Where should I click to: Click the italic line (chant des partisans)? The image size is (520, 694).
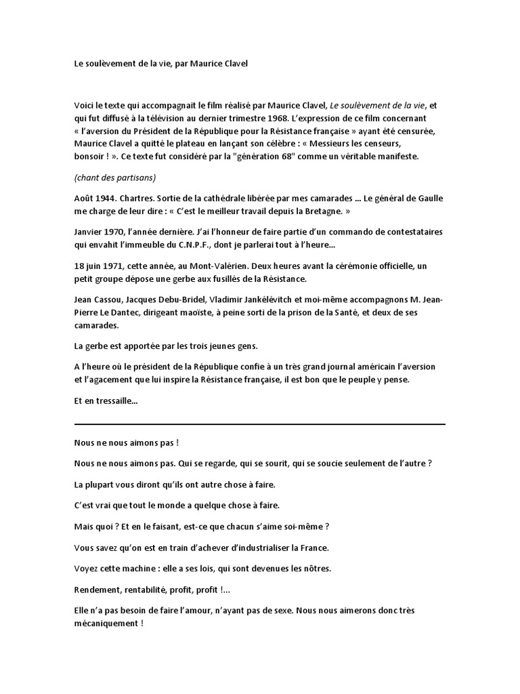(115, 178)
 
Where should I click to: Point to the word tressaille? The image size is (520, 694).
(116, 401)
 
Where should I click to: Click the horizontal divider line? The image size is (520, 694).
(260, 425)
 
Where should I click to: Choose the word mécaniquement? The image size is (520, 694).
(105, 622)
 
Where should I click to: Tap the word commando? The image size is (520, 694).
(319, 234)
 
